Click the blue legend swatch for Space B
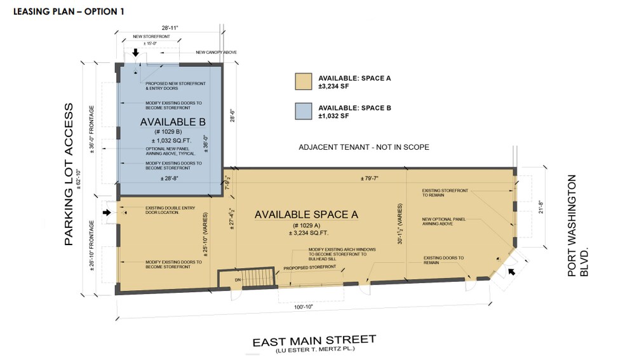pyautogui.click(x=304, y=112)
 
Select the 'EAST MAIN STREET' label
pyautogui.click(x=314, y=341)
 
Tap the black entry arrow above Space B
pyautogui.click(x=135, y=51)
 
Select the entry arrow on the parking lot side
pyautogui.click(x=107, y=213)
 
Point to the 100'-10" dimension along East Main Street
pyautogui.click(x=304, y=307)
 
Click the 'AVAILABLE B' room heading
pyautogui.click(x=171, y=121)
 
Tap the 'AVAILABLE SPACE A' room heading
pyautogui.click(x=306, y=215)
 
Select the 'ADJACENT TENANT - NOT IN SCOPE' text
pyautogui.click(x=364, y=147)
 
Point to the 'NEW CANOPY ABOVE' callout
pyautogui.click(x=217, y=52)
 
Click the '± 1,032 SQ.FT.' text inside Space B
pyautogui.click(x=171, y=140)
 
